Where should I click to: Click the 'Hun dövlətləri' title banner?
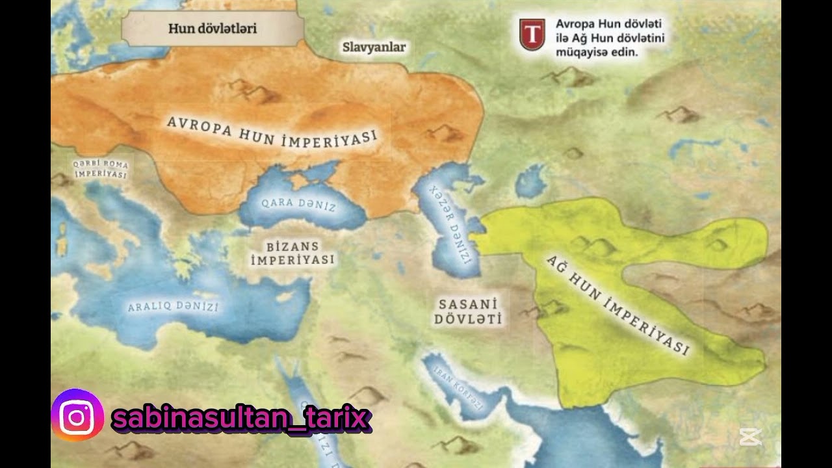point(212,29)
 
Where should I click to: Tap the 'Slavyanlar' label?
point(374,47)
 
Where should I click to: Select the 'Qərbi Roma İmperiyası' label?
point(100,169)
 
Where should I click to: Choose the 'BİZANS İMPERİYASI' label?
point(292,253)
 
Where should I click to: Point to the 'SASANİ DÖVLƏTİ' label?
point(469,311)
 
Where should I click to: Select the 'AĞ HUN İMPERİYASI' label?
point(617,305)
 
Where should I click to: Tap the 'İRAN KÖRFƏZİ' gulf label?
point(459,387)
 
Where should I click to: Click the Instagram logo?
point(77,415)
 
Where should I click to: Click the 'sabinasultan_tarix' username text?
point(240,417)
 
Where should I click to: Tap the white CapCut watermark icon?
point(749,437)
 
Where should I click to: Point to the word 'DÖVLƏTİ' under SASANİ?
point(469,319)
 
